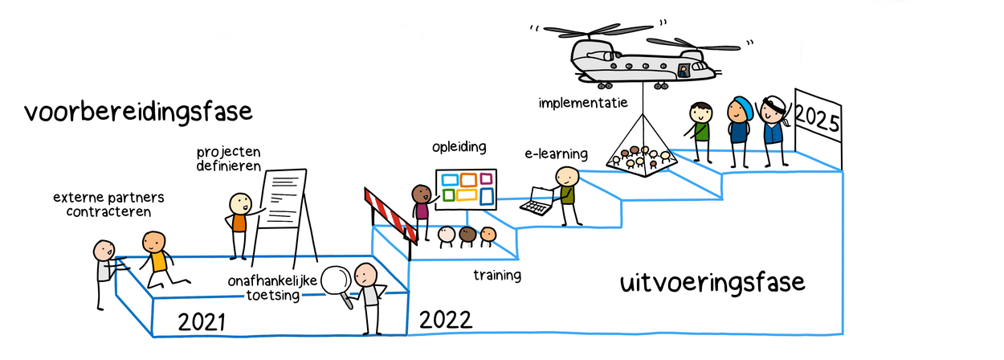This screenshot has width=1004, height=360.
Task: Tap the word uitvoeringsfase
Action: click(712, 284)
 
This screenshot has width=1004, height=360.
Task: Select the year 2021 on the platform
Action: click(202, 323)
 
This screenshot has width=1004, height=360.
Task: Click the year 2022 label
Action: click(445, 319)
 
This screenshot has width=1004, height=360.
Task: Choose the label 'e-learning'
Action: click(557, 153)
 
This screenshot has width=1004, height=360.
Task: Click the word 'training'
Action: click(496, 276)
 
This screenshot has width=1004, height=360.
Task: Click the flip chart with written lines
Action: click(285, 201)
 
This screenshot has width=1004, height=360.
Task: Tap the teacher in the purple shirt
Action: click(422, 209)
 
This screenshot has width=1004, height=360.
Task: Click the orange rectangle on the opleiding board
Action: click(466, 179)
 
